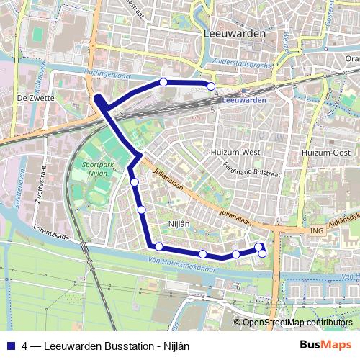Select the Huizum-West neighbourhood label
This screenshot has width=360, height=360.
tap(230, 153)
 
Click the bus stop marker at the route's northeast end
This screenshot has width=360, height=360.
tap(212, 86)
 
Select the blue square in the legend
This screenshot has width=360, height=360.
tap(10, 345)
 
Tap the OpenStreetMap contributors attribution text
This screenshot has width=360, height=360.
tap(298, 323)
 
